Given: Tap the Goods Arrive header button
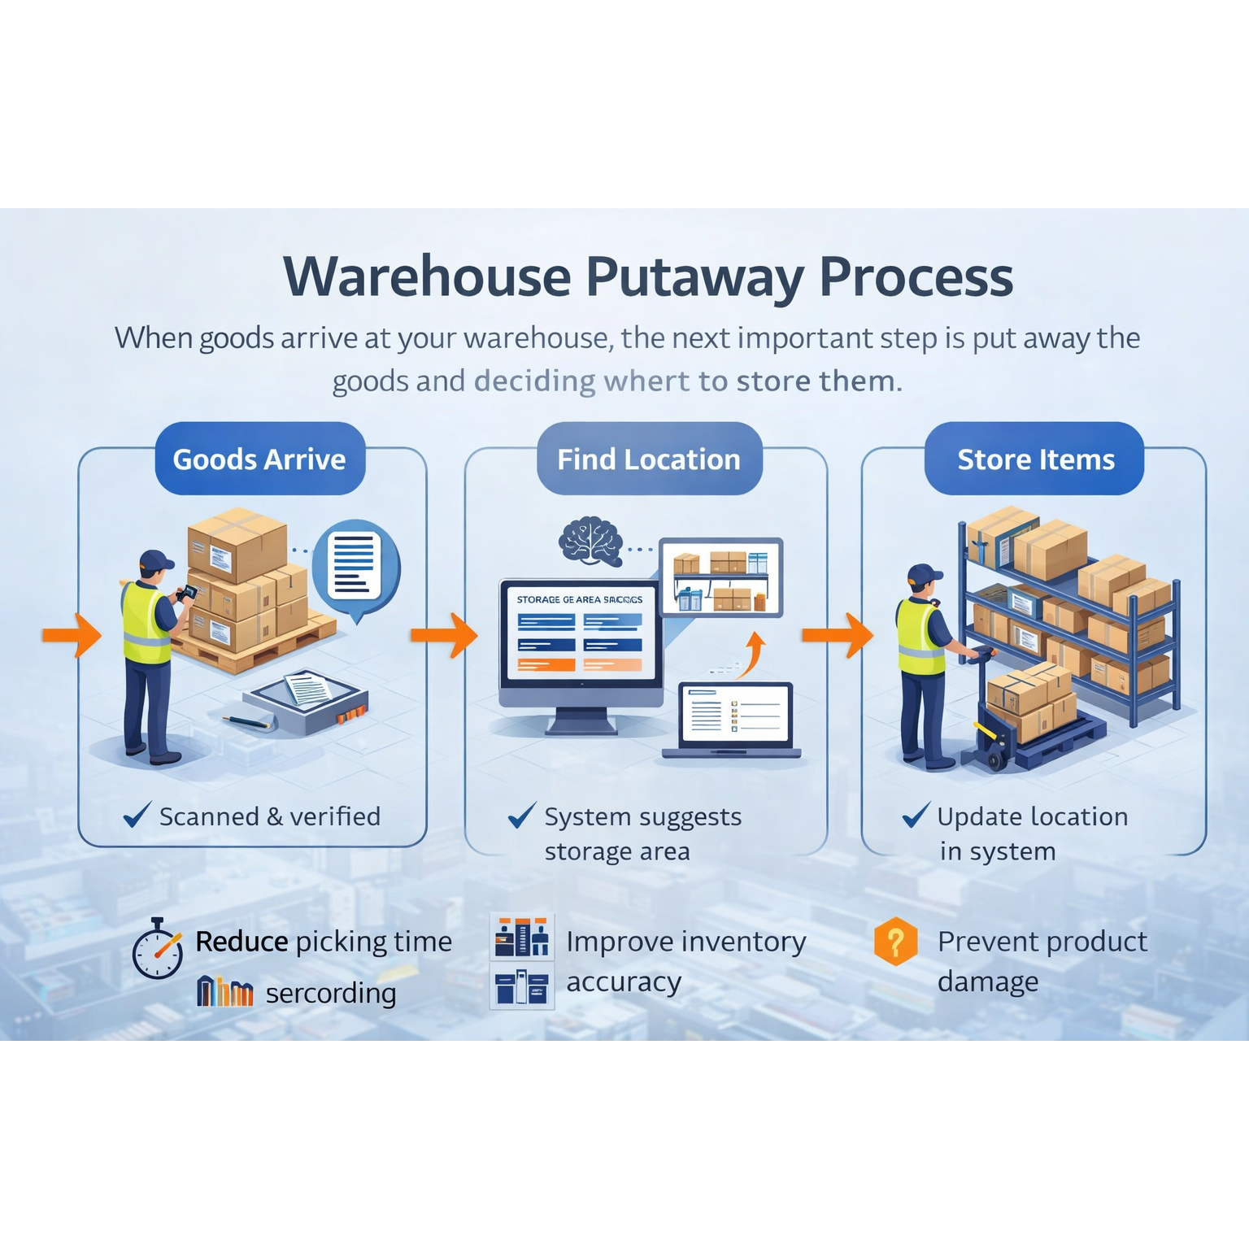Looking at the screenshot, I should pos(259,459).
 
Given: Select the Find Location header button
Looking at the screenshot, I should pos(649,459).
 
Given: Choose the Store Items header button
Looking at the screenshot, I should pos(1035,459).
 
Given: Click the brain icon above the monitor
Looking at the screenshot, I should pos(591,541).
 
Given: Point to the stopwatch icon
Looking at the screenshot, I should pos(158,949).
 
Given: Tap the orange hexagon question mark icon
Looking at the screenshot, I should pos(895,942).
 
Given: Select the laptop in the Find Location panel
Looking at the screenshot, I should pos(734,720).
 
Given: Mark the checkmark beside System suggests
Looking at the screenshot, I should pos(521,815).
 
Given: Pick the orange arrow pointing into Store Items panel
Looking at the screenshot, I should pos(837,635).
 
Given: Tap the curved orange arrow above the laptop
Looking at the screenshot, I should pos(753,655).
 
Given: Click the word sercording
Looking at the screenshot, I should pos(331,993).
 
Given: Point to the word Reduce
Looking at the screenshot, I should pos(242,942).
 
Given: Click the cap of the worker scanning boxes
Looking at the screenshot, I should pos(155,560).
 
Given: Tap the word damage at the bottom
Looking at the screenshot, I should pos(987,982).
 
